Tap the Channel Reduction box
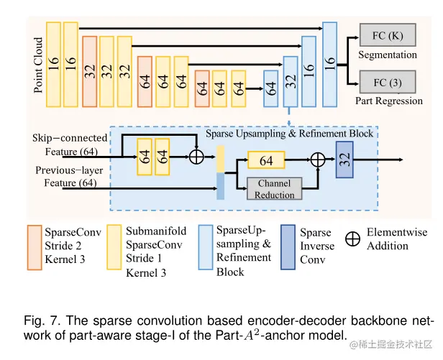274,189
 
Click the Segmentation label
388,55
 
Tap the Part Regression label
389,101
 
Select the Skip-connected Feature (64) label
69,144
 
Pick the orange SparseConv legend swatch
33,246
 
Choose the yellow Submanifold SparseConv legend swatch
114,246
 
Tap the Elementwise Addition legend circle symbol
352,239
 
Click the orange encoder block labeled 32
90,70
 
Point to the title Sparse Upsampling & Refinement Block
289,134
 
